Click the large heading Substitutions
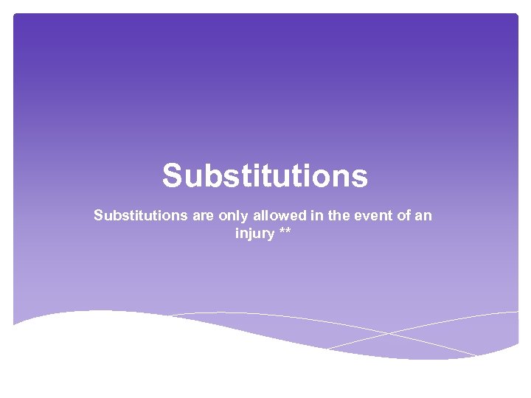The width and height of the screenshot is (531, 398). (265, 176)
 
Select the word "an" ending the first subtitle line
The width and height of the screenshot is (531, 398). (423, 216)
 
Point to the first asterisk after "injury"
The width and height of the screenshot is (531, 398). (282, 232)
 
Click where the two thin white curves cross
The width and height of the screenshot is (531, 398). (389, 334)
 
